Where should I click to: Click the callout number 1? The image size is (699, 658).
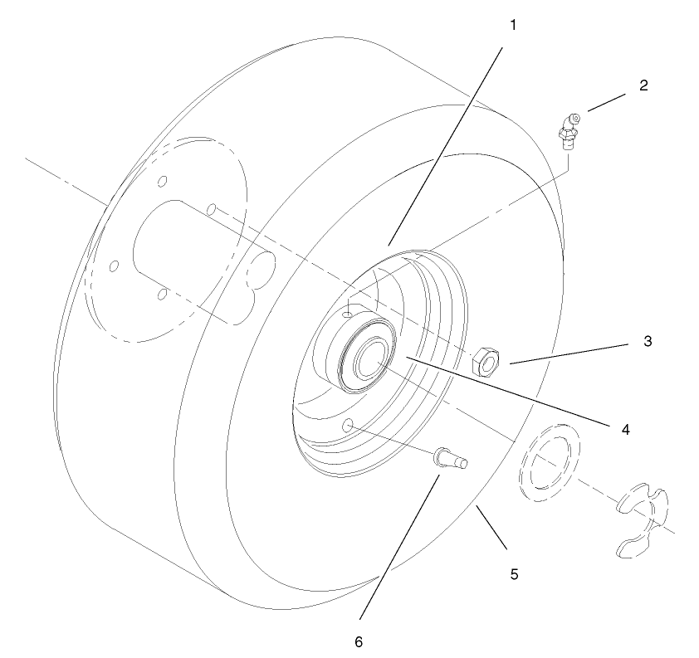(x=513, y=25)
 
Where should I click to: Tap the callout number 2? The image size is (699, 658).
(x=643, y=85)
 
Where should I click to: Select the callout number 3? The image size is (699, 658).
(x=648, y=341)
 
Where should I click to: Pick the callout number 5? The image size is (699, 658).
(x=514, y=573)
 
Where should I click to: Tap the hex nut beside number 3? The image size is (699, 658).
(x=486, y=361)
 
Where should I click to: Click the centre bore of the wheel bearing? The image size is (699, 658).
(x=369, y=362)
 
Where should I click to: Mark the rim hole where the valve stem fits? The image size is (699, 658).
(x=349, y=425)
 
